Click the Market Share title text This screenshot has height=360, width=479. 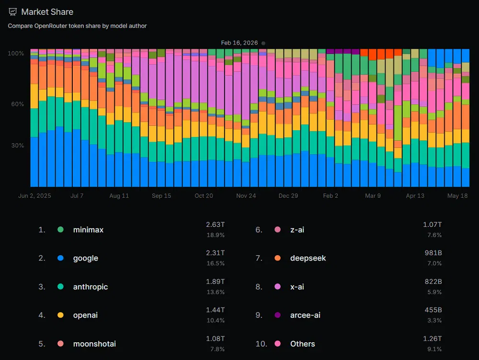click(x=47, y=12)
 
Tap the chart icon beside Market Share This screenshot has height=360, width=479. click(x=12, y=12)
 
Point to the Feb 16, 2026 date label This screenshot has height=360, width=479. click(x=239, y=43)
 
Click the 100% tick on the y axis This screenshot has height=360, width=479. click(x=16, y=54)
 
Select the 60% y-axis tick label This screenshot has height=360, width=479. click(x=17, y=104)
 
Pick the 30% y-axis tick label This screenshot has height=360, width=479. click(x=17, y=146)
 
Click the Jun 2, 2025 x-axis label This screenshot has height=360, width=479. click(x=34, y=196)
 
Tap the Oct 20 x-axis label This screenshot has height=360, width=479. click(x=204, y=196)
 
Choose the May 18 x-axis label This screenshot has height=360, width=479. click(x=457, y=196)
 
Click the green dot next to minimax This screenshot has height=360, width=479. click(x=60, y=229)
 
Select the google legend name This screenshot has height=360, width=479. click(x=86, y=259)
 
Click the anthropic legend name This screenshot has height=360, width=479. click(x=91, y=287)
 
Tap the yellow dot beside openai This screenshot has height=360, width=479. click(x=60, y=315)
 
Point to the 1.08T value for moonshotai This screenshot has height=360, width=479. click(x=216, y=338)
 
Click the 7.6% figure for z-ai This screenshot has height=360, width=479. click(x=434, y=235)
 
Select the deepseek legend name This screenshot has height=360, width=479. click(x=308, y=259)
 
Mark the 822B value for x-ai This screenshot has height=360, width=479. click(x=433, y=281)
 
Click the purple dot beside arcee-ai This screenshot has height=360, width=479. click(x=277, y=315)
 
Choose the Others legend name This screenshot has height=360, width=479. click(x=302, y=344)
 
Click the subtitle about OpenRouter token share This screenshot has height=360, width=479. click(x=77, y=26)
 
